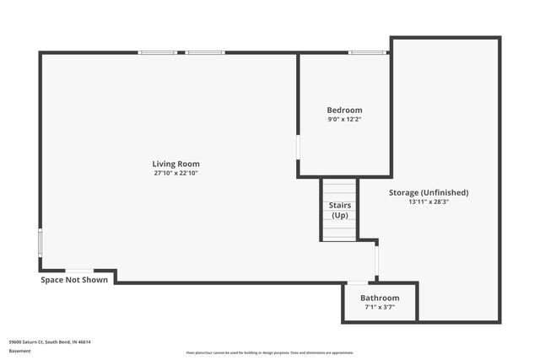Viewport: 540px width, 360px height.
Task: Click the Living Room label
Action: point(175,164)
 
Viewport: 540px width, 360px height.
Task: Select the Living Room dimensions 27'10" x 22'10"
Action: point(175,173)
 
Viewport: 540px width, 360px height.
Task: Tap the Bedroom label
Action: point(344,110)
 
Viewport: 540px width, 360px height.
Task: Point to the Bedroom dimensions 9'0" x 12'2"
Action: point(344,120)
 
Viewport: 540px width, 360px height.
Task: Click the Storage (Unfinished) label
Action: point(429,192)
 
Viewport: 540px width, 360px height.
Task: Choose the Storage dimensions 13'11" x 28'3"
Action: point(429,201)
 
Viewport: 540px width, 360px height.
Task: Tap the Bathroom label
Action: point(380,298)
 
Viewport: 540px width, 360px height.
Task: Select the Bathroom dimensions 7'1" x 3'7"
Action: point(380,307)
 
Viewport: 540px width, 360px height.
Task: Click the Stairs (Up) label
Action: point(339,210)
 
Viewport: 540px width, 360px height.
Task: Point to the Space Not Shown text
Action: point(74,280)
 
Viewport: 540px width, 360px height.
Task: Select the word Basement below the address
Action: point(19,351)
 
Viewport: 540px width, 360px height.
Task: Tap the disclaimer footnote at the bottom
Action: point(269,352)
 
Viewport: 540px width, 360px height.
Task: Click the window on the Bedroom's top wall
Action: point(369,53)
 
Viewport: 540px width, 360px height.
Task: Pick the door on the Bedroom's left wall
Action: point(298,147)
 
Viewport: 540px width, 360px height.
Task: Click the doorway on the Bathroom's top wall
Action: point(358,282)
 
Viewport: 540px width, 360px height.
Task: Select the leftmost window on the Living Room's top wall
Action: point(158,53)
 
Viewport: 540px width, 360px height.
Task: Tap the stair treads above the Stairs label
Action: point(339,190)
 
